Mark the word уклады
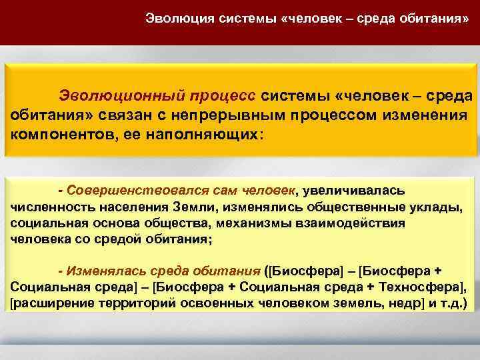tap(438, 207)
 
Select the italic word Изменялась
tap(95, 271)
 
